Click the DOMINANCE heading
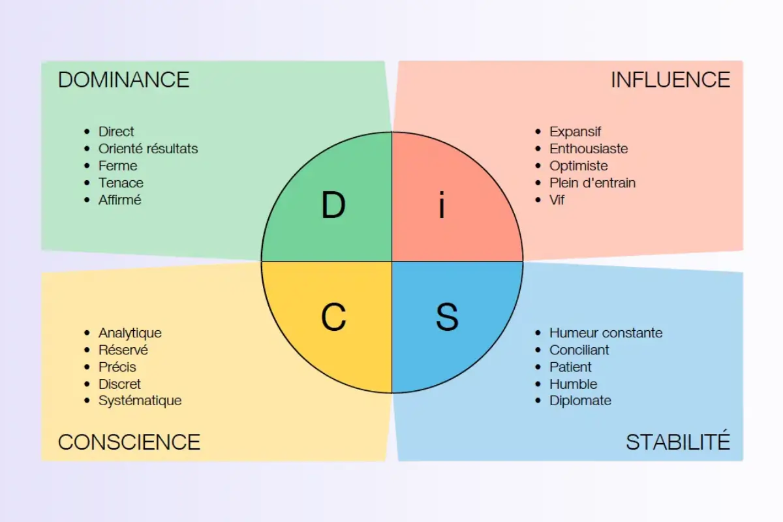pyautogui.click(x=123, y=80)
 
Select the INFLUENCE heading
pyautogui.click(x=670, y=80)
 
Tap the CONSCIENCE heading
pyautogui.click(x=129, y=442)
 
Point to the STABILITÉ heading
pyautogui.click(x=678, y=442)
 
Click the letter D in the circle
pyautogui.click(x=333, y=206)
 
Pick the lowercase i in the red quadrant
pyautogui.click(x=442, y=206)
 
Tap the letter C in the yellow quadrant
pyautogui.click(x=333, y=318)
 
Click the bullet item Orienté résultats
pyautogui.click(x=148, y=149)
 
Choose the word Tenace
pyautogui.click(x=121, y=183)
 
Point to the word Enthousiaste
pyautogui.click(x=589, y=149)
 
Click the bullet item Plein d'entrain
pyautogui.click(x=592, y=183)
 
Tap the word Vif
pyautogui.click(x=557, y=200)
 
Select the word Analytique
pyautogui.click(x=130, y=333)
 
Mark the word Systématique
pyautogui.click(x=140, y=401)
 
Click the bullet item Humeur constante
pyautogui.click(x=606, y=333)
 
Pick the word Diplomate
pyautogui.click(x=580, y=401)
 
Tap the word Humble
pyautogui.click(x=573, y=384)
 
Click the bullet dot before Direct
pyautogui.click(x=87, y=132)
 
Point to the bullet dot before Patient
pyautogui.click(x=538, y=367)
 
